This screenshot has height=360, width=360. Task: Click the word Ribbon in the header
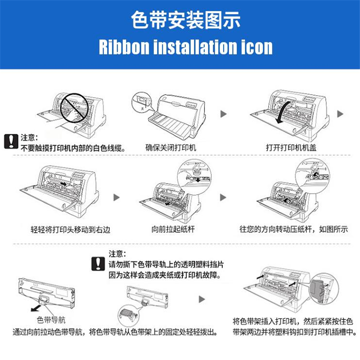click(x=124, y=47)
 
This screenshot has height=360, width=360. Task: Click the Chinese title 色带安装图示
click(x=186, y=20)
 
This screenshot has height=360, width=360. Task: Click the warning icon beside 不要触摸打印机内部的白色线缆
click(x=11, y=141)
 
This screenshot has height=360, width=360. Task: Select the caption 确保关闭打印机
click(x=171, y=148)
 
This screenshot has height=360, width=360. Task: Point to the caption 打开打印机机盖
click(x=291, y=148)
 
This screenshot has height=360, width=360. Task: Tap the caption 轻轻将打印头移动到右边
click(x=71, y=229)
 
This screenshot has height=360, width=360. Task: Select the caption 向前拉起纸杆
click(x=173, y=229)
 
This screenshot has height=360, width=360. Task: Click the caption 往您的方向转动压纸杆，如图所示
click(x=294, y=229)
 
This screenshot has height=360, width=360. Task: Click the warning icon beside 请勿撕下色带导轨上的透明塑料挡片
click(x=98, y=264)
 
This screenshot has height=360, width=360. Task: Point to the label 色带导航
click(x=51, y=320)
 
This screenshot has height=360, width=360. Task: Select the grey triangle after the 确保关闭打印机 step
click(x=223, y=114)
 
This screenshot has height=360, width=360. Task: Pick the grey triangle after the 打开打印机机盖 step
click(x=340, y=114)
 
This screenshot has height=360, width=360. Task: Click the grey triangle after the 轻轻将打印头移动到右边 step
click(x=117, y=197)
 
